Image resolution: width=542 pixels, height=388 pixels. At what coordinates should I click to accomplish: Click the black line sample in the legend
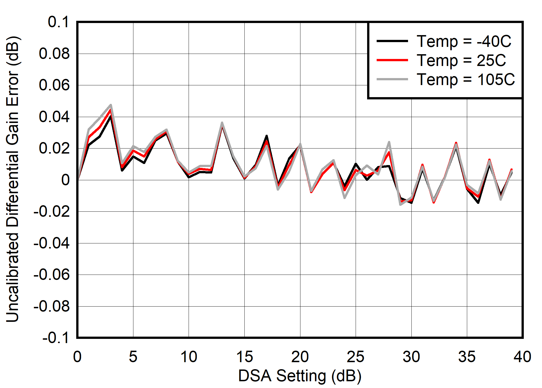(x=392, y=41)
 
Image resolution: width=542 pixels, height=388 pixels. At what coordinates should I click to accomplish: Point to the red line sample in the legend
(x=392, y=60)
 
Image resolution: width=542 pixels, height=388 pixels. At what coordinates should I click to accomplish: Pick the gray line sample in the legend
(x=392, y=79)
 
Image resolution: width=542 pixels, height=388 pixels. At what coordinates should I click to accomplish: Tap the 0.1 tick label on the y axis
(x=58, y=22)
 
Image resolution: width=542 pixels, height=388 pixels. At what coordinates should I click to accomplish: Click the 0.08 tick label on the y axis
(x=54, y=53)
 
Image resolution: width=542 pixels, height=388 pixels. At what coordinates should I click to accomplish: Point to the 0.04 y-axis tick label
(x=54, y=117)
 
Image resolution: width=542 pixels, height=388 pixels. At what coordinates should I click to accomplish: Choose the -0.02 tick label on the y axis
(x=51, y=211)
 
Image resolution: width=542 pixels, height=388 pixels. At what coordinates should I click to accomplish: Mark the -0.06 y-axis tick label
(x=51, y=275)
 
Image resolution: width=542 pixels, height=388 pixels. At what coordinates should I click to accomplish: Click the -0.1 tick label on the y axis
(x=55, y=338)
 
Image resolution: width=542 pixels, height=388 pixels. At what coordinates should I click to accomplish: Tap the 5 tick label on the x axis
(x=133, y=357)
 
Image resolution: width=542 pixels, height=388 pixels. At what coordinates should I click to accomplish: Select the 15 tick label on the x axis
(x=244, y=357)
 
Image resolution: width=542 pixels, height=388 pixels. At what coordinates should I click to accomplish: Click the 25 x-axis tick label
(x=356, y=357)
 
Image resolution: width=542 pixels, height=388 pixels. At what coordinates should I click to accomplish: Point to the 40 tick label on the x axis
(x=522, y=357)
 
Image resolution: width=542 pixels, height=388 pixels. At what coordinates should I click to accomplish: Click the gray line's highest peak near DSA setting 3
(x=111, y=105)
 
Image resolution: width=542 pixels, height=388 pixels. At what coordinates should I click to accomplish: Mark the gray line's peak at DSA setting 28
(x=389, y=142)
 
